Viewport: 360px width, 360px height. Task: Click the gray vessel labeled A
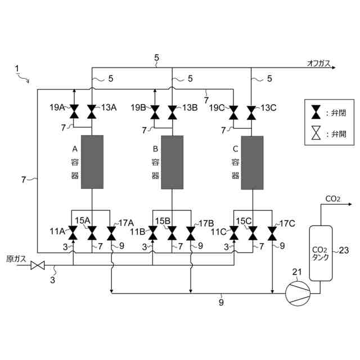pyautogui.click(x=92, y=162)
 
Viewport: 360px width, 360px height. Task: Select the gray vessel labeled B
pyautogui.click(x=172, y=162)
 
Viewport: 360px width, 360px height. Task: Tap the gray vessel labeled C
pyautogui.click(x=252, y=162)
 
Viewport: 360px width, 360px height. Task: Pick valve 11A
pyautogui.click(x=72, y=232)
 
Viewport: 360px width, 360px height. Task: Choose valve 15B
pyautogui.click(x=172, y=232)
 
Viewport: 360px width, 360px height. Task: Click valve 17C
pyautogui.click(x=273, y=232)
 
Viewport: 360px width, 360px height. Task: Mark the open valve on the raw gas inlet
pyautogui.click(x=38, y=265)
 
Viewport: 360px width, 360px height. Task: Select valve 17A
pyautogui.click(x=111, y=232)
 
